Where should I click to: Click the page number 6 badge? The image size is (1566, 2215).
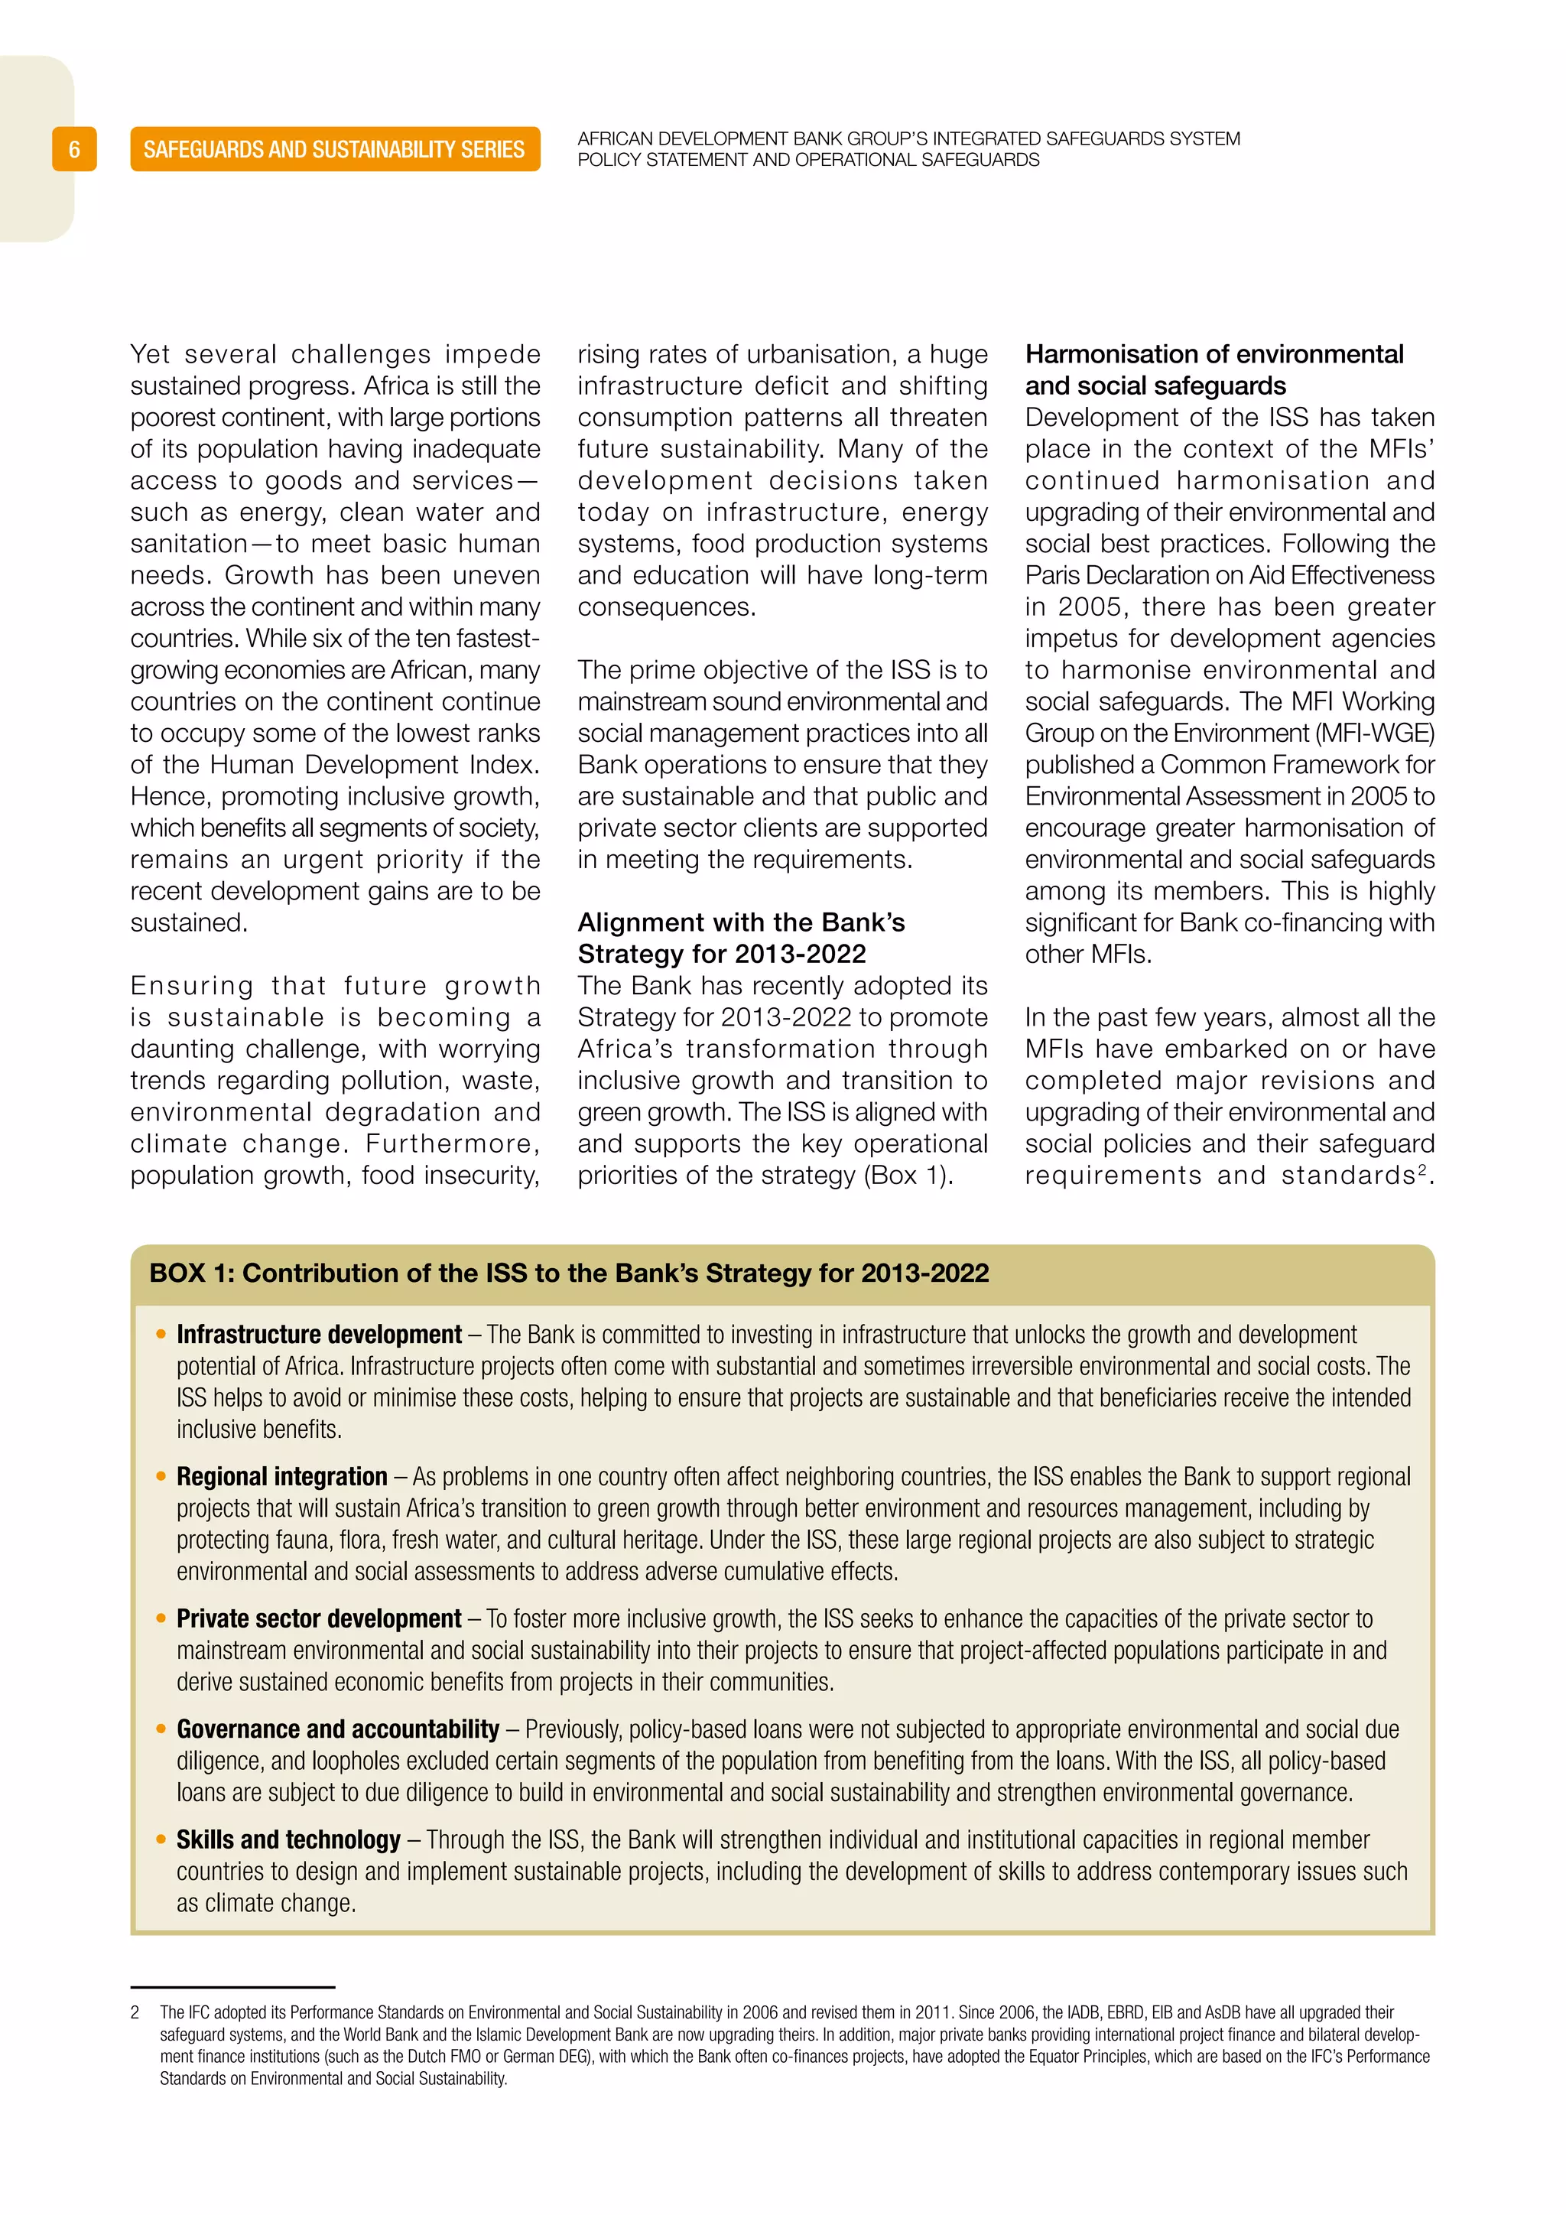pyautogui.click(x=74, y=150)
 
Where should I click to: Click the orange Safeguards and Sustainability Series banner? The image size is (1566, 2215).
pyautogui.click(x=335, y=150)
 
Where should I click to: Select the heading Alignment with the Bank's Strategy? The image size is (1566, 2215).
pyautogui.click(x=741, y=938)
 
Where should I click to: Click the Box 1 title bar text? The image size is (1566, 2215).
pyautogui.click(x=569, y=1273)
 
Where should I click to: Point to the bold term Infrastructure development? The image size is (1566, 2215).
pyautogui.click(x=319, y=1335)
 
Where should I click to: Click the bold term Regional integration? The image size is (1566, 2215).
pyautogui.click(x=281, y=1477)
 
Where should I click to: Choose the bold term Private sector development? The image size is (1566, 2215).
pyautogui.click(x=319, y=1619)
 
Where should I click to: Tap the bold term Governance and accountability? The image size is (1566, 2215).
pyautogui.click(x=337, y=1730)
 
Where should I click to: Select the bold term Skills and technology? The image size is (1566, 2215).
pyautogui.click(x=288, y=1839)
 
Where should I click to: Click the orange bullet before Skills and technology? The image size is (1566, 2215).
pyautogui.click(x=161, y=1839)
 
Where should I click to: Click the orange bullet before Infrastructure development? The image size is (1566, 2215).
pyautogui.click(x=161, y=1335)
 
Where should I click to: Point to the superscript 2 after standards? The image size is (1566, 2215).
pyautogui.click(x=1421, y=1169)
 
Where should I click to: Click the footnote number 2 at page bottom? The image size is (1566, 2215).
pyautogui.click(x=135, y=2012)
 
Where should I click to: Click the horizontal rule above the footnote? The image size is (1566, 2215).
pyautogui.click(x=232, y=1987)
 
